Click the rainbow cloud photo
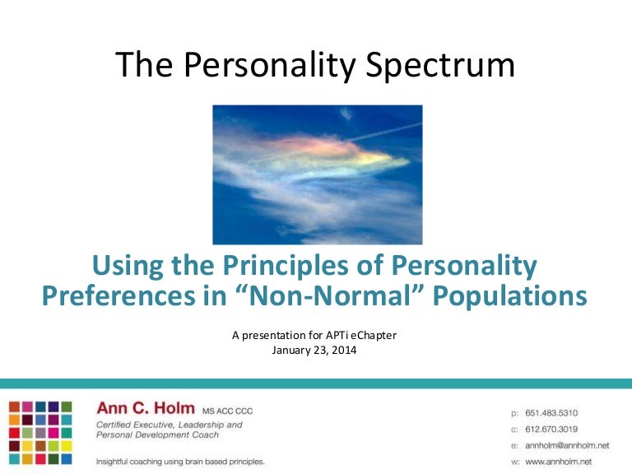317,174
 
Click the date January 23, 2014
316,348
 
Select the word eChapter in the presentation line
376,334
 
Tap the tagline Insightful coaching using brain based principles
180,462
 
